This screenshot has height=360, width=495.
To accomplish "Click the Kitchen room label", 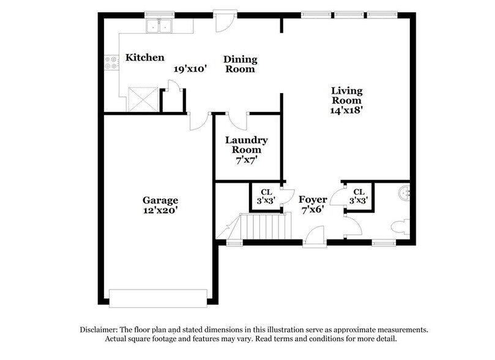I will (145, 58).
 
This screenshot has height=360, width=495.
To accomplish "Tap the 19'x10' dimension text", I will (190, 69).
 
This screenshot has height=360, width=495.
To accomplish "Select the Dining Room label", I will (240, 64).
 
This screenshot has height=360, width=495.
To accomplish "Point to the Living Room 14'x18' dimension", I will (347, 111).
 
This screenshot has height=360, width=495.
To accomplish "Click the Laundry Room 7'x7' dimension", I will (246, 160).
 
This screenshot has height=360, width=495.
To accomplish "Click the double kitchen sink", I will (158, 26).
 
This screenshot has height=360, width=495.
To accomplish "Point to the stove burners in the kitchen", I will (112, 62).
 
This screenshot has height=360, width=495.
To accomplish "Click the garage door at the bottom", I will (160, 296).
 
